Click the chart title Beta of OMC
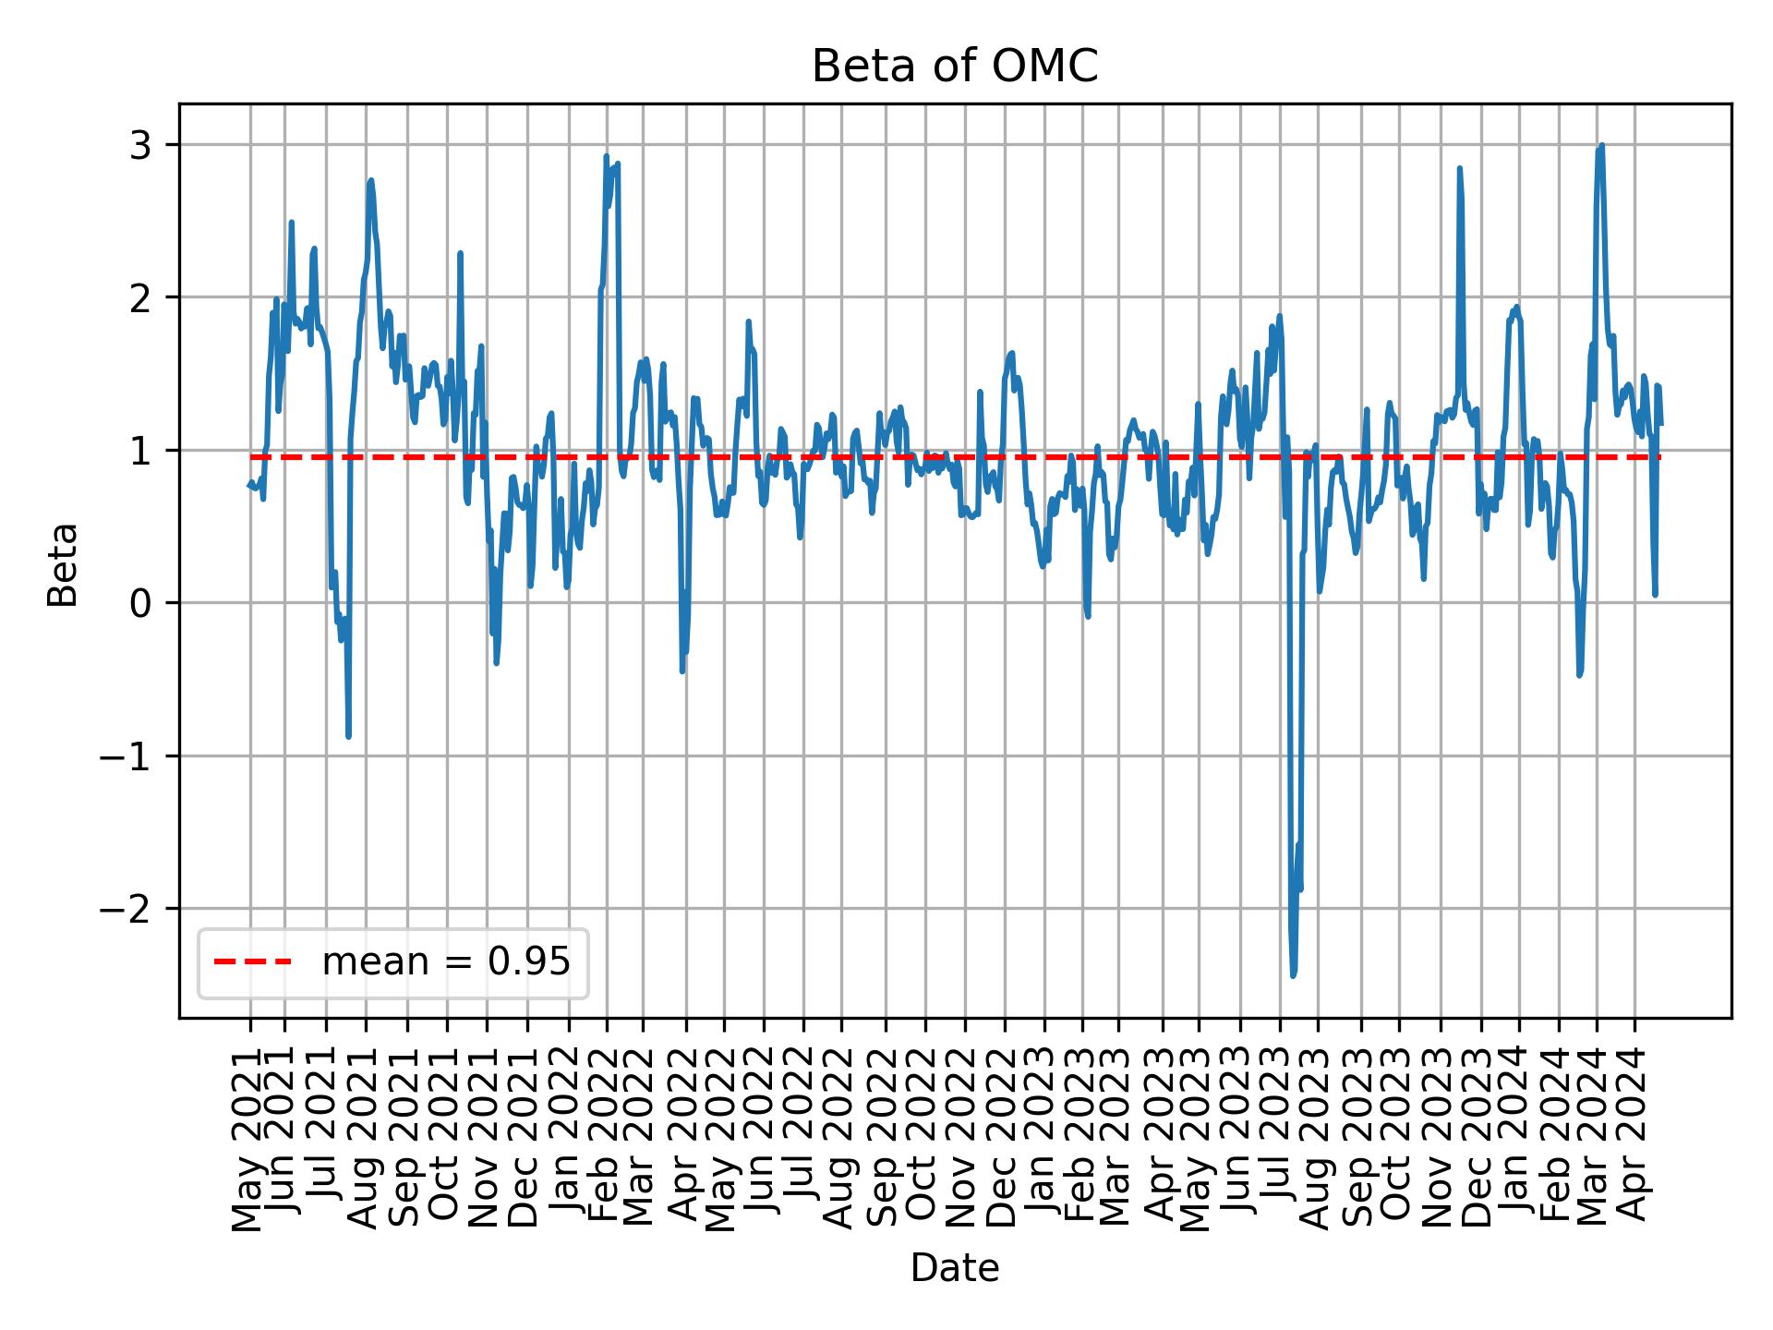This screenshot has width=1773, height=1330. pos(954,66)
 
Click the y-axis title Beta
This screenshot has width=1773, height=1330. pos(63,564)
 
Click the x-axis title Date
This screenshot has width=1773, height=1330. pos(954,1269)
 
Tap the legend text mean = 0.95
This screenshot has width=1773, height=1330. pos(445,962)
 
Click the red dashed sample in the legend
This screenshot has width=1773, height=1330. pos(253,962)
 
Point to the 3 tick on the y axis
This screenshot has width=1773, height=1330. pos(139,145)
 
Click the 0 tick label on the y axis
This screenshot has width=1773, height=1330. pos(139,603)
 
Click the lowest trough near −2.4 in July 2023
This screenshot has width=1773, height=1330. pos(1293,975)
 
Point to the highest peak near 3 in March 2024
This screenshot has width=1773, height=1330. pos(1601,146)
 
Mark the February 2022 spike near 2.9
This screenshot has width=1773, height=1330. pos(607,157)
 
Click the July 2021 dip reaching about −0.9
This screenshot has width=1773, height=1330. pos(348,736)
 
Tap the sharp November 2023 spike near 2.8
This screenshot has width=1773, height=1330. pos(1459,169)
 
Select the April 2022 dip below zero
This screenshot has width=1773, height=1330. pos(682,671)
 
